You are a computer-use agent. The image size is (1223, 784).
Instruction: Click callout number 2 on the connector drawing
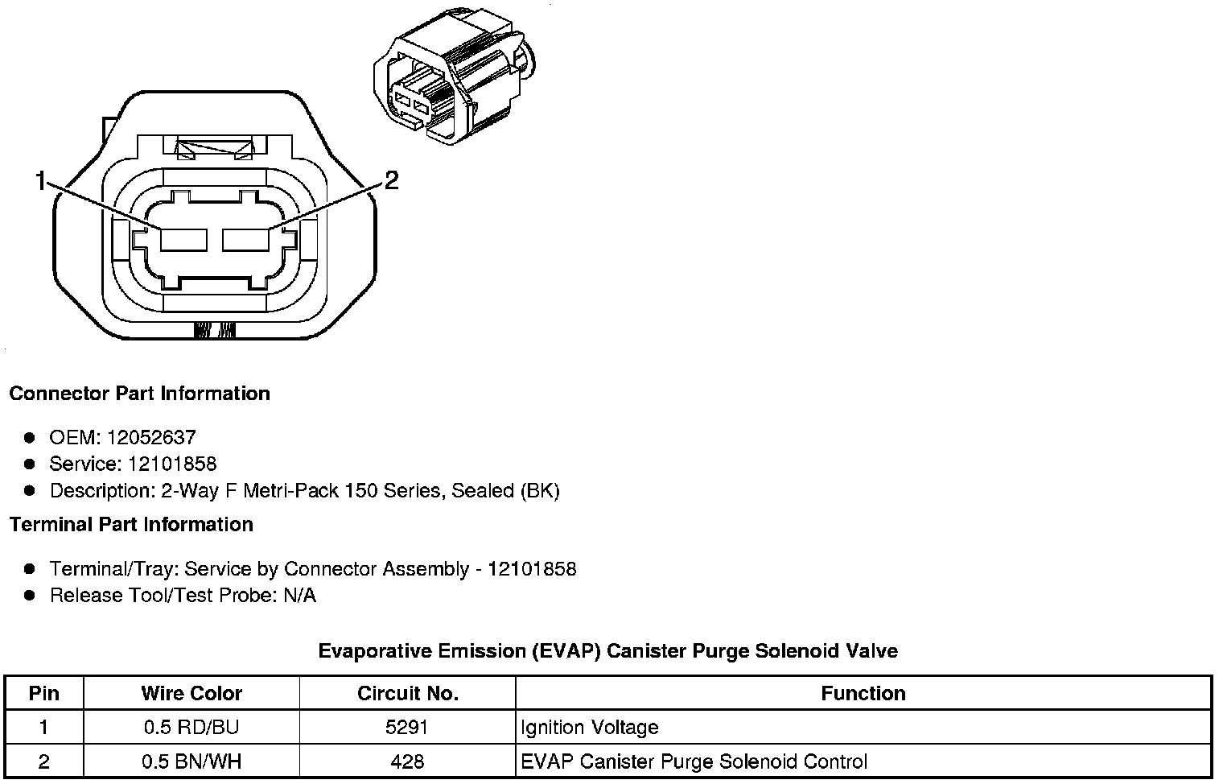(391, 180)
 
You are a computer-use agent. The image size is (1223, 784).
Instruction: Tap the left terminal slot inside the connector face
(184, 240)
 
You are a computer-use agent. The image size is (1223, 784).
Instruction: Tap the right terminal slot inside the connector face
(245, 240)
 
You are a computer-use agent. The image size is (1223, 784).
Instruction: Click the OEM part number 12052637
(150, 437)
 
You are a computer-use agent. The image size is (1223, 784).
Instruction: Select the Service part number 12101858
(172, 464)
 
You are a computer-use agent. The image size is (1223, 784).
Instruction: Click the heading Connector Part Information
(139, 394)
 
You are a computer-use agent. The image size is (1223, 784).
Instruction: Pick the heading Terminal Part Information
(131, 525)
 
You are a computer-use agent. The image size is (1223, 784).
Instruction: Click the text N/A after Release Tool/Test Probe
(298, 596)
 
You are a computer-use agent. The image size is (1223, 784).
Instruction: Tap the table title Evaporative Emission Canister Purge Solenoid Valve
(607, 650)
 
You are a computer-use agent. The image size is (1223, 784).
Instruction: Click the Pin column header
(43, 693)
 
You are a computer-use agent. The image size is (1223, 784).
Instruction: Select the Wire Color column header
(191, 693)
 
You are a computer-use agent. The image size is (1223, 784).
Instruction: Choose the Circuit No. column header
(407, 693)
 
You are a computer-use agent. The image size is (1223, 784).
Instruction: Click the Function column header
(863, 693)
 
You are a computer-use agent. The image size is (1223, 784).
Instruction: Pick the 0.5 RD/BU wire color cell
(191, 728)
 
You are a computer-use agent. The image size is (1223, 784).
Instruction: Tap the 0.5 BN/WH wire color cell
(191, 761)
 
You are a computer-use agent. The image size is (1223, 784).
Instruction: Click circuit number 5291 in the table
(407, 728)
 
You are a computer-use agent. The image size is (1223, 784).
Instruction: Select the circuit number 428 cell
(407, 761)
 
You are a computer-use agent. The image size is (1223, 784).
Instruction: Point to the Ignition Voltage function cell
(590, 728)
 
